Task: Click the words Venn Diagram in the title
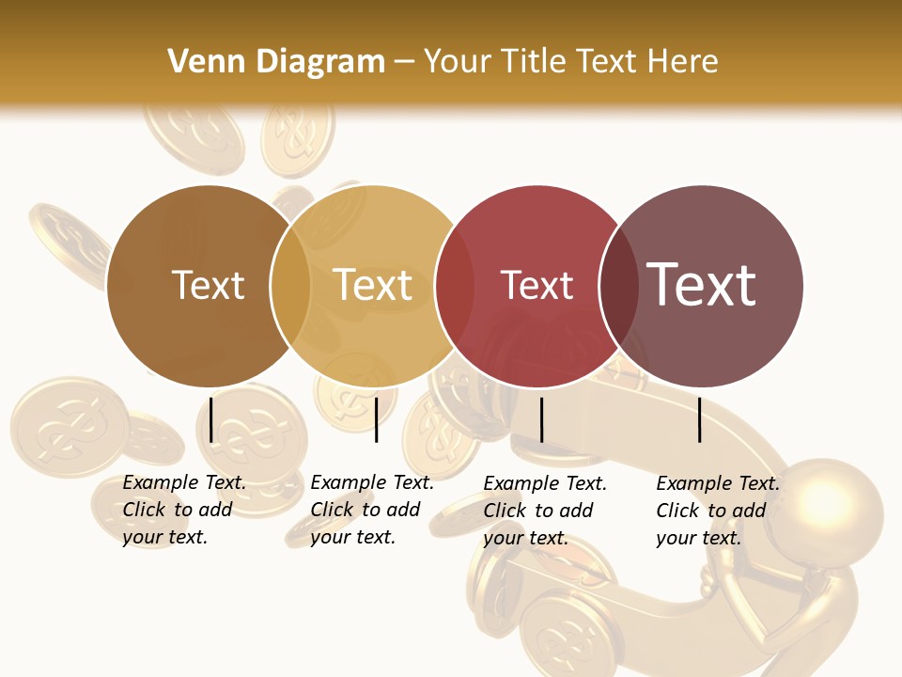(x=276, y=62)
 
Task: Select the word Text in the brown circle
(x=208, y=285)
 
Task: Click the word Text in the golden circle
(x=373, y=285)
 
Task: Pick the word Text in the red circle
(x=537, y=285)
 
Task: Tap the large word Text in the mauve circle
(x=701, y=284)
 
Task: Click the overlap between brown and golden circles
(x=290, y=286)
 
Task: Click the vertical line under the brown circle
(x=211, y=419)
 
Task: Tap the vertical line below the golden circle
(x=376, y=419)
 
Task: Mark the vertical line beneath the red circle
(x=541, y=419)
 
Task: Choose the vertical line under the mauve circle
(x=700, y=419)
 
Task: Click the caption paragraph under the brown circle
(x=184, y=510)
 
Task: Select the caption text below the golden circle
(x=372, y=510)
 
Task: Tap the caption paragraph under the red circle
(x=545, y=511)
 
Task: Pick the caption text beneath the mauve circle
(x=718, y=511)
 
